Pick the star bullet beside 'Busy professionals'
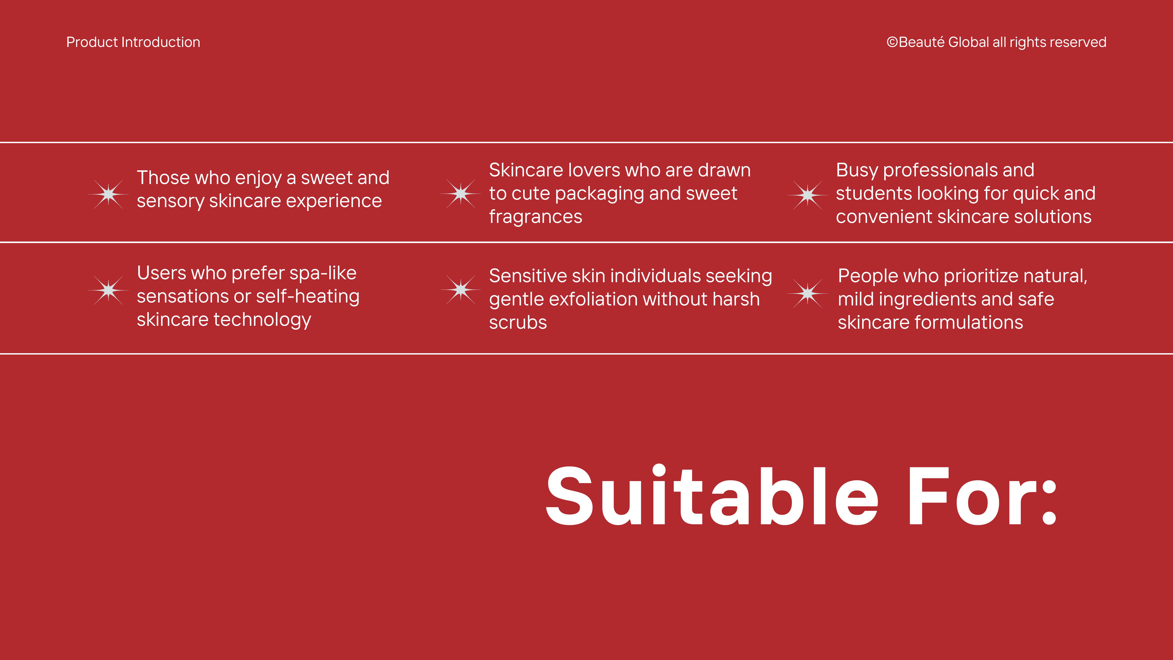(807, 195)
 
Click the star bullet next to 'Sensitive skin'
(460, 290)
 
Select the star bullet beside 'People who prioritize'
(807, 293)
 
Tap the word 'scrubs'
(518, 322)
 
